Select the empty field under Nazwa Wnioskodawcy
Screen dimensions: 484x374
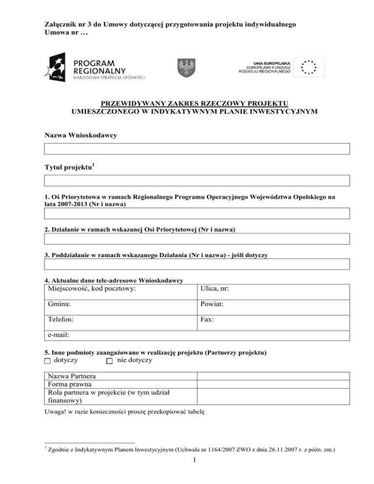197,149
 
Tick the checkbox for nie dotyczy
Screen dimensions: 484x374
110,361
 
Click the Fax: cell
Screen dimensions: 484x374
273,321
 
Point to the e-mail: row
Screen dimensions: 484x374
197,335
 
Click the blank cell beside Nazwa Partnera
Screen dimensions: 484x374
273,376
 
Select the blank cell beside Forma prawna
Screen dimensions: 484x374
273,384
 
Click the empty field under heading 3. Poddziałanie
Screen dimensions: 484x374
197,264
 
